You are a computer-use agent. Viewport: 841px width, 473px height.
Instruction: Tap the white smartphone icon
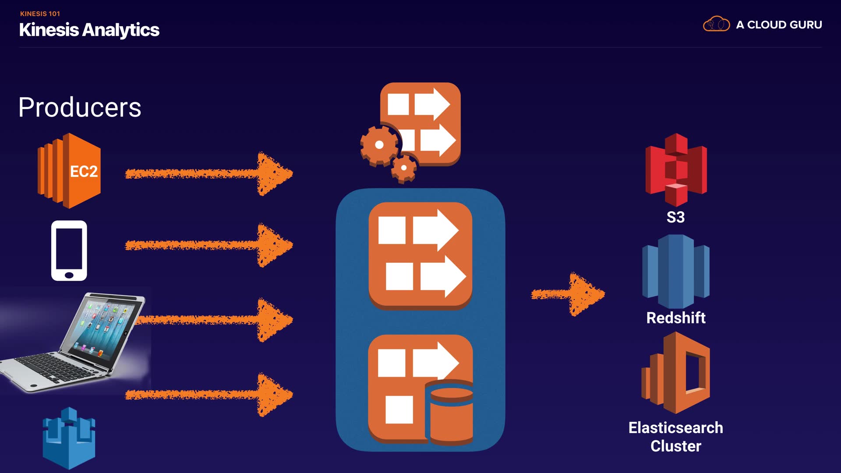click(x=69, y=251)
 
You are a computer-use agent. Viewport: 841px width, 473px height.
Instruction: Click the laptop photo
click(x=74, y=342)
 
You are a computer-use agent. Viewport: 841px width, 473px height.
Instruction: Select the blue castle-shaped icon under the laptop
click(x=69, y=438)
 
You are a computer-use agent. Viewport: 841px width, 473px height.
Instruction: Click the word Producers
click(x=80, y=107)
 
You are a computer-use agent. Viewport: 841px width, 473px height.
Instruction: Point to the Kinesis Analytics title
click(x=89, y=30)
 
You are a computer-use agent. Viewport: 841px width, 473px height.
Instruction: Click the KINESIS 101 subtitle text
click(x=40, y=14)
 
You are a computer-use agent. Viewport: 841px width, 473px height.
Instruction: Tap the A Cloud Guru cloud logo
click(x=716, y=24)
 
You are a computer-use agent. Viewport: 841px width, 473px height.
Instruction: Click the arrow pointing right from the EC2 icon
click(x=209, y=174)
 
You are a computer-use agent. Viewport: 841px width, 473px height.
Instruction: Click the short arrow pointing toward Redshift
click(x=568, y=294)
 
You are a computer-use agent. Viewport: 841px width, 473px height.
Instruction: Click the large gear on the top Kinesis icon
click(x=379, y=145)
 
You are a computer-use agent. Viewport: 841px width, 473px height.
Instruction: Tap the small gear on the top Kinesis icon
click(x=404, y=168)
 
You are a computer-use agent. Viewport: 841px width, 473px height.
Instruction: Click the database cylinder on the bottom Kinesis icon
click(x=451, y=414)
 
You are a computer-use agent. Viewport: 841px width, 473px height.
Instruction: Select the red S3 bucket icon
click(x=676, y=170)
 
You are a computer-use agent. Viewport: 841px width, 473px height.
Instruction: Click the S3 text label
click(x=675, y=217)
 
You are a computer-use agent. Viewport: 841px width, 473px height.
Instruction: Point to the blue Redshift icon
click(x=676, y=272)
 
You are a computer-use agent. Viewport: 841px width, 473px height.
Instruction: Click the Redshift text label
click(x=676, y=318)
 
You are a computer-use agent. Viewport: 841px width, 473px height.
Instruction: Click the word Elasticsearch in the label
click(x=676, y=428)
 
